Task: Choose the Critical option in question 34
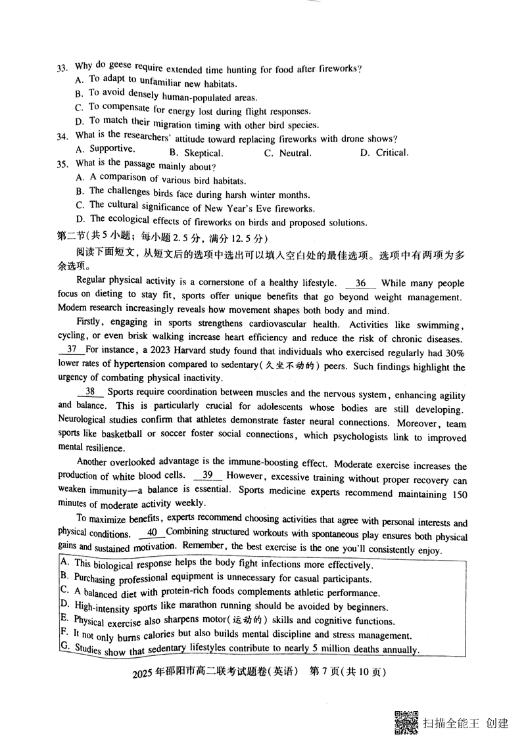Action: (392, 152)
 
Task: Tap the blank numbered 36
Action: (360, 283)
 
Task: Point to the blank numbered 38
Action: (90, 392)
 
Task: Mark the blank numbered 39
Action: (207, 475)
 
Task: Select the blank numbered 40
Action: (152, 532)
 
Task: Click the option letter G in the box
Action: (64, 647)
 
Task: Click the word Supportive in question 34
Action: (112, 149)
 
